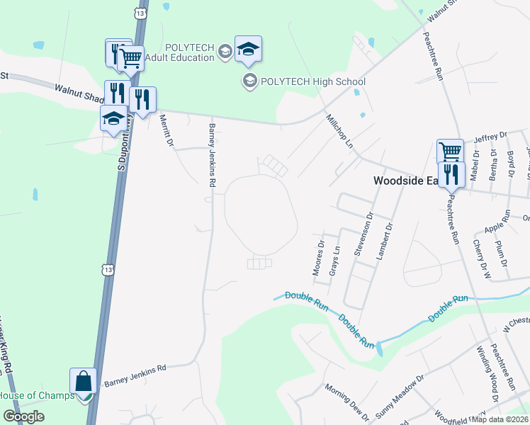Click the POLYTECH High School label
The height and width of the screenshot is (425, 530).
tap(312, 81)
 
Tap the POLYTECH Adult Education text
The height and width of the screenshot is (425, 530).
tap(189, 52)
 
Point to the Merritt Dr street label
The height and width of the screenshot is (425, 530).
tap(167, 131)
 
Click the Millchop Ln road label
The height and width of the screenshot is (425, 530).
tap(339, 131)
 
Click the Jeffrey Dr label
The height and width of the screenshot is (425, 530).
tap(491, 136)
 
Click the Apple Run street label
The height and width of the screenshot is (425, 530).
tap(497, 227)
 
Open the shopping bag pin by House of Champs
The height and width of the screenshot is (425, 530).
tap(84, 380)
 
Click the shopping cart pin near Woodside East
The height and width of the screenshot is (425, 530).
tap(450, 151)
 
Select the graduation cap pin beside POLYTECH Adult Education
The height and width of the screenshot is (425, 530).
tap(248, 48)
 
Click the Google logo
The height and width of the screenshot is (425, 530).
tap(23, 416)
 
